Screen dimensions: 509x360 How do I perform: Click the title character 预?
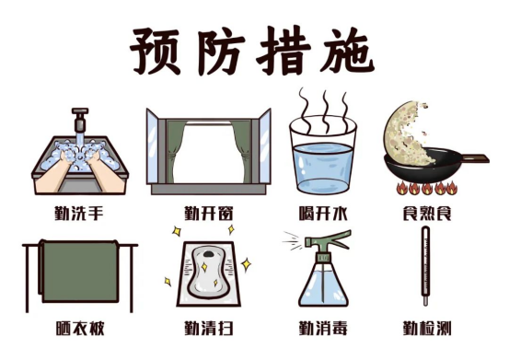click(156, 51)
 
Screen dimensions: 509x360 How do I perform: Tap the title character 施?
click(347, 51)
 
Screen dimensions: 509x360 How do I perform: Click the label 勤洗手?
click(79, 214)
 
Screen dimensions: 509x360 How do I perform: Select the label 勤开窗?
click(209, 214)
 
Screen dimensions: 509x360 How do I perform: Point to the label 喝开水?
click(323, 214)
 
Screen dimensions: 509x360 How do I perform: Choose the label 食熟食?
click(427, 214)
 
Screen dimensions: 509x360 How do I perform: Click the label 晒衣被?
click(80, 328)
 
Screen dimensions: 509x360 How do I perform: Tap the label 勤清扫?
click(209, 328)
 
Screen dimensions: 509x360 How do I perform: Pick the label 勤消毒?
click(323, 328)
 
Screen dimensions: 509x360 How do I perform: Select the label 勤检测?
click(427, 328)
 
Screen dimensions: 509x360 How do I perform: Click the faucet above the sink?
click(80, 120)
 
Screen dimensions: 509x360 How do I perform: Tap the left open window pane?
click(152, 146)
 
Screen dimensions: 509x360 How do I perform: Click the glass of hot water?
click(323, 156)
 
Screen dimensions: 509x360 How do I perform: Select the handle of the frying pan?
click(476, 158)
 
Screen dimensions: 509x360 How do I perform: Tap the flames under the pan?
click(426, 188)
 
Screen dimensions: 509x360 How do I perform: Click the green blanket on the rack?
click(80, 271)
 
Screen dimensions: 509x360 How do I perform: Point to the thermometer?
click(425, 266)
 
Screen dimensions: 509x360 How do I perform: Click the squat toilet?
click(208, 273)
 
